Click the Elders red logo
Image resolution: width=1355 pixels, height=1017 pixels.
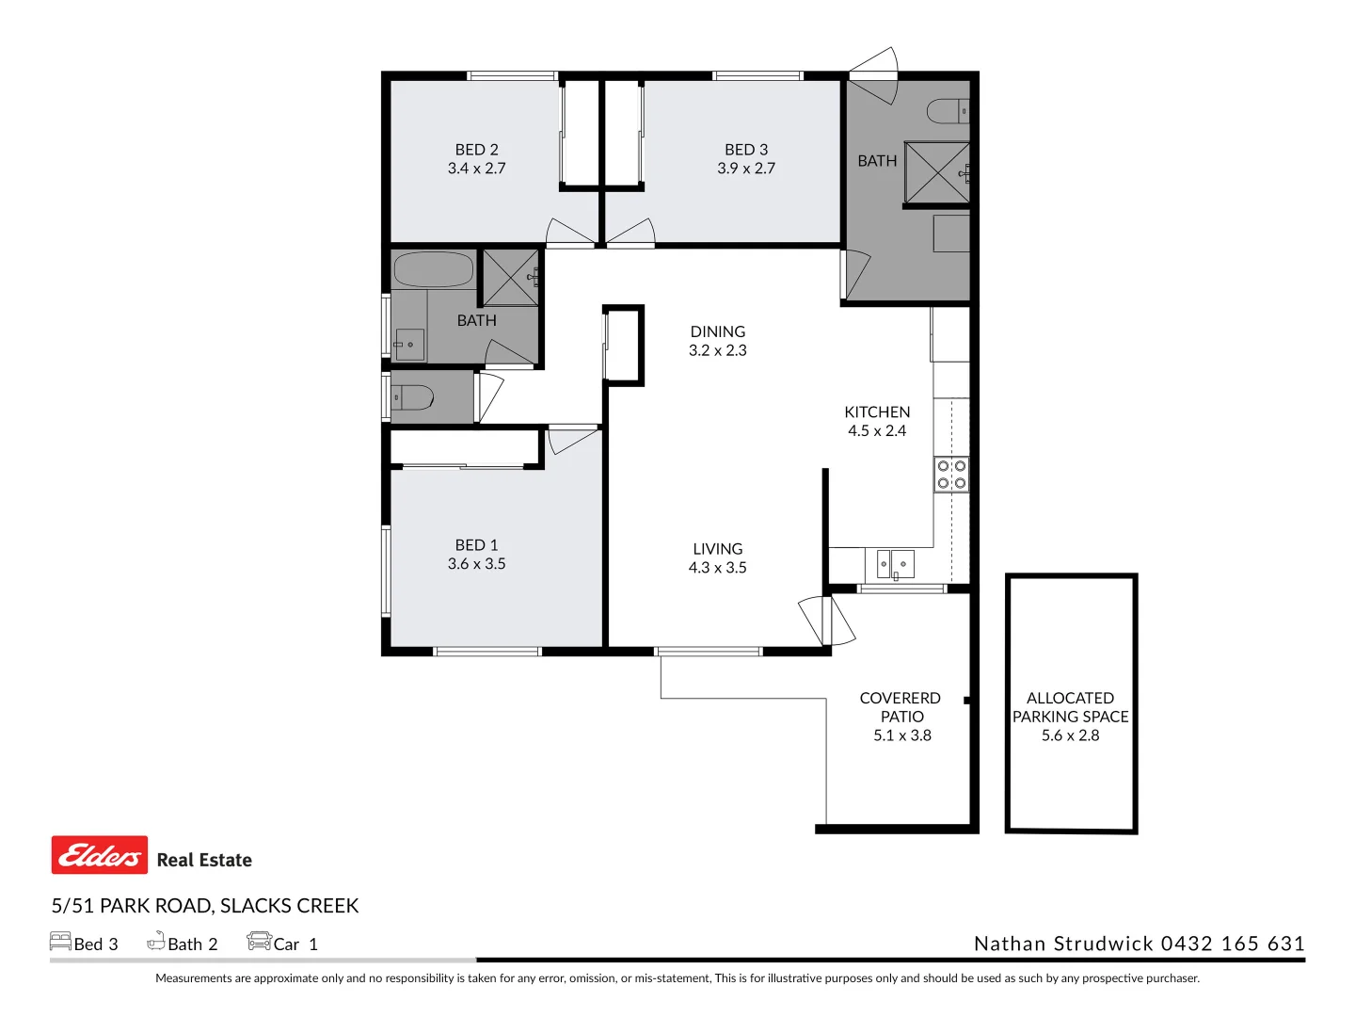[x=100, y=855]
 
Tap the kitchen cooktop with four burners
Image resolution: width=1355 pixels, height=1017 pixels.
[x=950, y=475]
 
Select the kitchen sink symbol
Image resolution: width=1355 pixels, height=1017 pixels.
[x=895, y=564]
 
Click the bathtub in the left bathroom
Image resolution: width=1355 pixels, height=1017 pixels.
[x=433, y=269]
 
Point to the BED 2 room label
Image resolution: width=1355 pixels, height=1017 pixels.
[x=476, y=150]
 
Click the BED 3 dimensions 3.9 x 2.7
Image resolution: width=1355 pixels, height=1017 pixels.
[x=746, y=169]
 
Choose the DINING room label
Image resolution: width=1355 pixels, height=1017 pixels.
[x=717, y=331]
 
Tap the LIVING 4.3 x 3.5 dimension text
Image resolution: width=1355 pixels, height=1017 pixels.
[x=717, y=568]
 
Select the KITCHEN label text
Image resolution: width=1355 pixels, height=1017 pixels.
[x=877, y=412]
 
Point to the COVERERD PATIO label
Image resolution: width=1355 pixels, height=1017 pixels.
[x=901, y=707]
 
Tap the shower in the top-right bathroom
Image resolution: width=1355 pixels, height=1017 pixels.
[x=936, y=172]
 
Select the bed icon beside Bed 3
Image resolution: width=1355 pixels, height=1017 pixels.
[x=60, y=942]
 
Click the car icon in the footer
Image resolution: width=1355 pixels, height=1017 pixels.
[x=259, y=942]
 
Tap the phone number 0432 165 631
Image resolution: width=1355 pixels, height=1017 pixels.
[x=1233, y=944]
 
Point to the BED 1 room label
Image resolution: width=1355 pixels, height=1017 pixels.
[x=476, y=545]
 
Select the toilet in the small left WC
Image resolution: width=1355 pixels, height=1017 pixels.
[x=413, y=397]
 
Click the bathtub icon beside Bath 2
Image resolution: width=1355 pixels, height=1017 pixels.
[x=156, y=942]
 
